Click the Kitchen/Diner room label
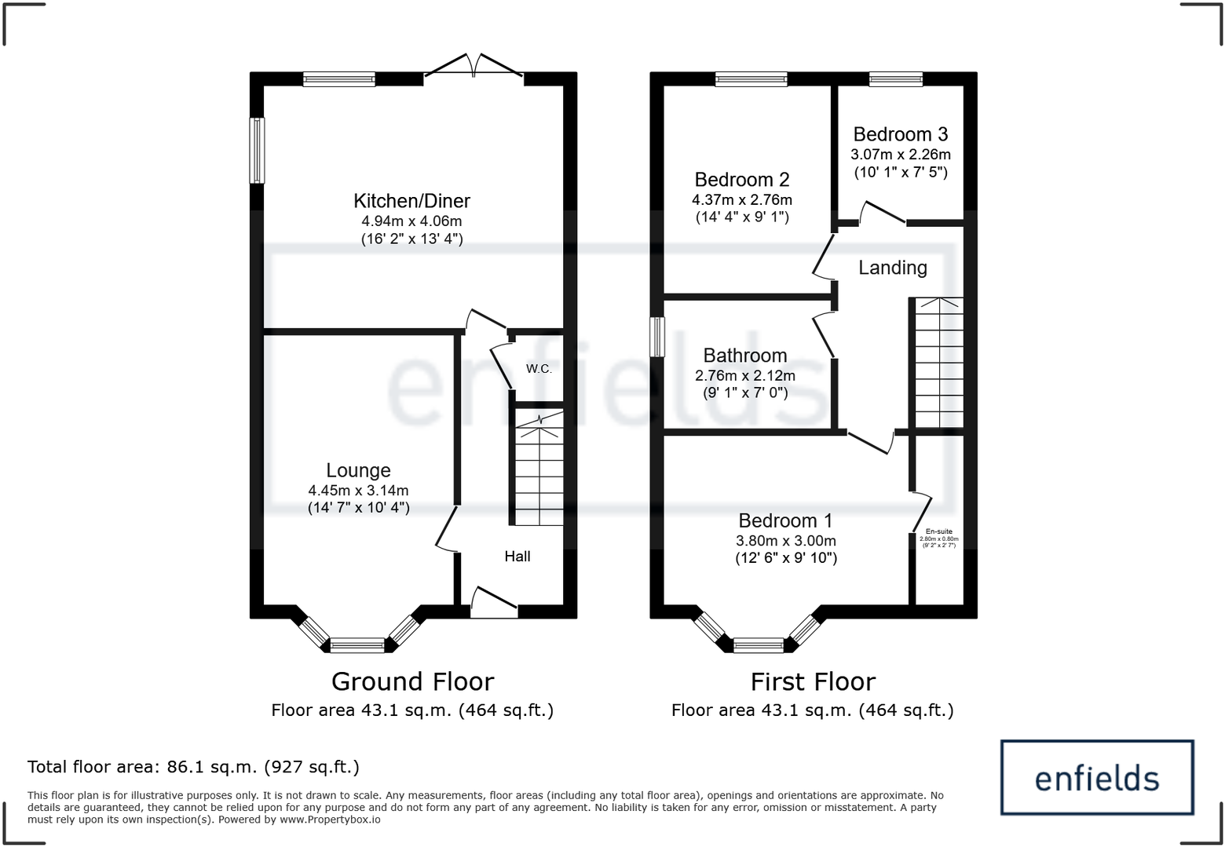[411, 201]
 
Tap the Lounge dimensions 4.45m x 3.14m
[358, 491]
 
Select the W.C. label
[539, 369]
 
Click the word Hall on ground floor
[517, 557]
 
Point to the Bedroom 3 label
[900, 134]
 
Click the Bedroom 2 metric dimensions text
[741, 200]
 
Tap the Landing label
[892, 268]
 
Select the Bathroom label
[744, 356]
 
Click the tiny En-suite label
[938, 531]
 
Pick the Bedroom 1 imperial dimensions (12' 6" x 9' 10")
[785, 558]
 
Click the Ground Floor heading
[412, 681]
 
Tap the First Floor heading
[812, 681]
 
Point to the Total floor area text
[193, 767]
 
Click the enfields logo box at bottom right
[1096, 777]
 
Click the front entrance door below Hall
[494, 604]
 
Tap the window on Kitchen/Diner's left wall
[257, 150]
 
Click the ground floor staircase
[539, 471]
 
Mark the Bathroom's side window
[657, 338]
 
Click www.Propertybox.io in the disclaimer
[330, 820]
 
